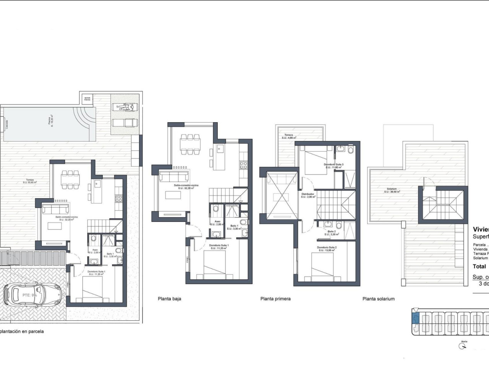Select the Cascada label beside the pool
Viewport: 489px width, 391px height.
[x=6, y=124]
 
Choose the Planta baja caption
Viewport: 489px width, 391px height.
[x=169, y=299]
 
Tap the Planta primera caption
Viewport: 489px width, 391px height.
[x=275, y=299]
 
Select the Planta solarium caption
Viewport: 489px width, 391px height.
[x=378, y=299]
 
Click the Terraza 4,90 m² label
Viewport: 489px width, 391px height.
[x=289, y=136]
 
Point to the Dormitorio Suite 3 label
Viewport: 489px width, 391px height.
[x=333, y=166]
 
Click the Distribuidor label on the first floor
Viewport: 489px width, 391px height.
[x=308, y=195]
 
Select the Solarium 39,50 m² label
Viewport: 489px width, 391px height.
[x=392, y=190]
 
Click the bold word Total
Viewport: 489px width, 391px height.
[x=479, y=267]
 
